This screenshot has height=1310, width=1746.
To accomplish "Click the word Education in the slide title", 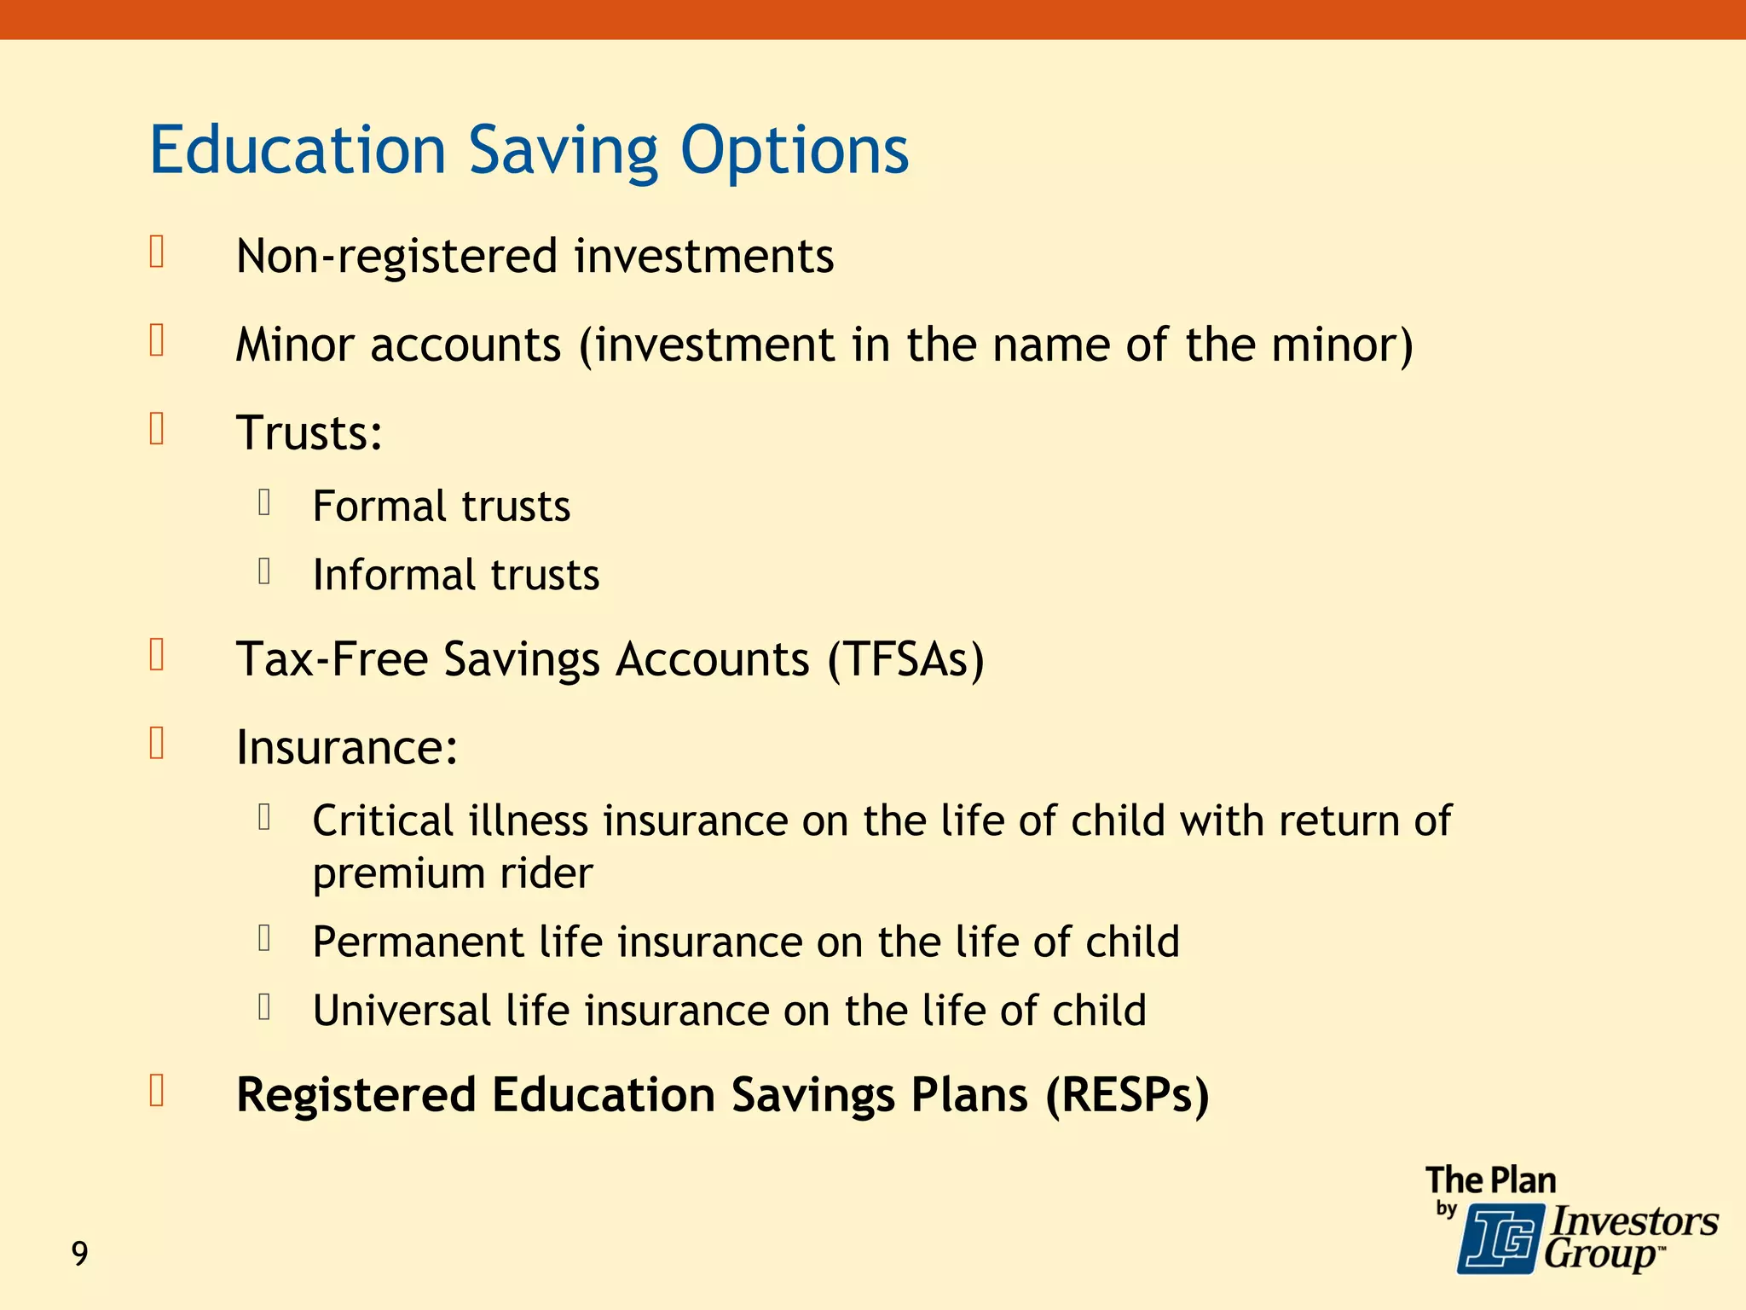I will click(x=298, y=150).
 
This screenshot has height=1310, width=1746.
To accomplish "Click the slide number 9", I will click(x=79, y=1254).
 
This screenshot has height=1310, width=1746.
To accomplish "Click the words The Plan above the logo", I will click(x=1490, y=1180).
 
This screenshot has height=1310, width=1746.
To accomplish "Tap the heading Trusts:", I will click(x=309, y=432).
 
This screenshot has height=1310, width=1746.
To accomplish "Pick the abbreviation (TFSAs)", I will click(x=905, y=659).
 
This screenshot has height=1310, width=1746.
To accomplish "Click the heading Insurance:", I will click(x=346, y=747).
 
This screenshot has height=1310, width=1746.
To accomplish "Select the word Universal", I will click(x=401, y=1011).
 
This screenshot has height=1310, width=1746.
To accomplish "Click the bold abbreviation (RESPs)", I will click(x=1127, y=1095).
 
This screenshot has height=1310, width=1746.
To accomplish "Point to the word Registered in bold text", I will click(x=356, y=1095).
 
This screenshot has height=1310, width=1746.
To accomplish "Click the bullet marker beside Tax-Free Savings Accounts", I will click(x=157, y=656).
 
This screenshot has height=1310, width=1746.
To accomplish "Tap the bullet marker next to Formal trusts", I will click(x=264, y=502).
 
